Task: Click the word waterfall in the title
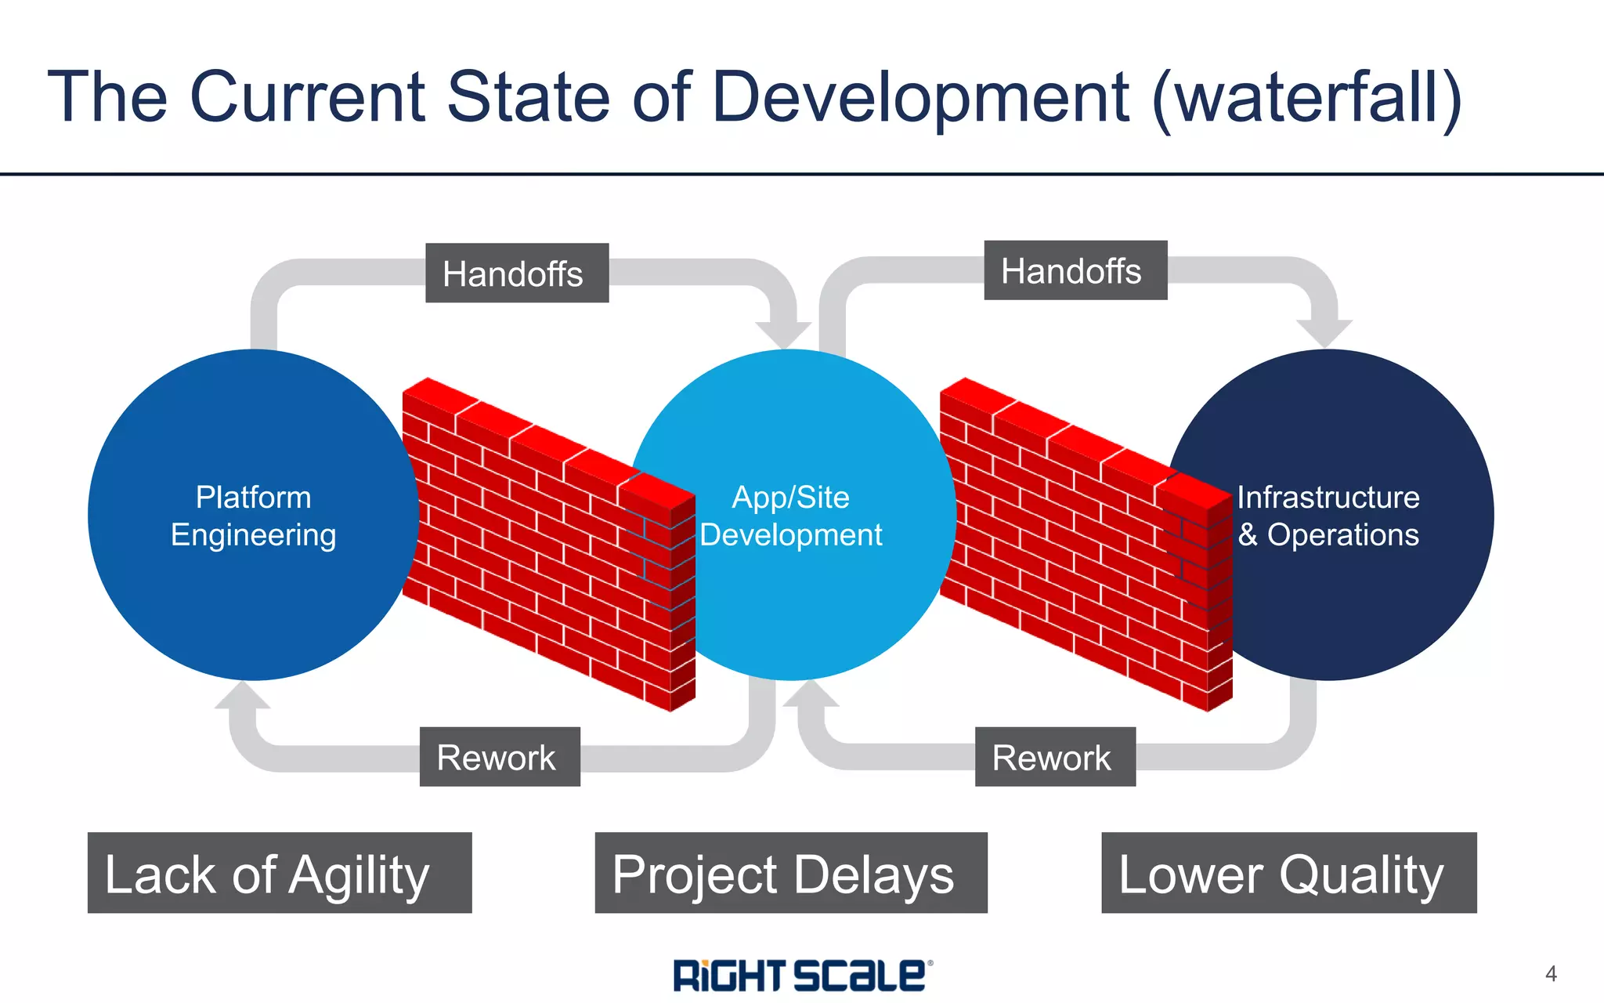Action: click(1306, 97)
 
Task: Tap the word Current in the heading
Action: click(307, 97)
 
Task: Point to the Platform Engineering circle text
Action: click(253, 516)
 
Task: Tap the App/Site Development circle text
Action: click(790, 516)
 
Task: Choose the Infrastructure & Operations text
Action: click(1328, 516)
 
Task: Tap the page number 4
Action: click(1551, 974)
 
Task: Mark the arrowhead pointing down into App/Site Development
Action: click(786, 334)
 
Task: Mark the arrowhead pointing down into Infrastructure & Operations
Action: click(1324, 332)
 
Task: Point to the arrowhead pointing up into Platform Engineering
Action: click(242, 697)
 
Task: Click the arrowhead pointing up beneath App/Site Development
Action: click(811, 695)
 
